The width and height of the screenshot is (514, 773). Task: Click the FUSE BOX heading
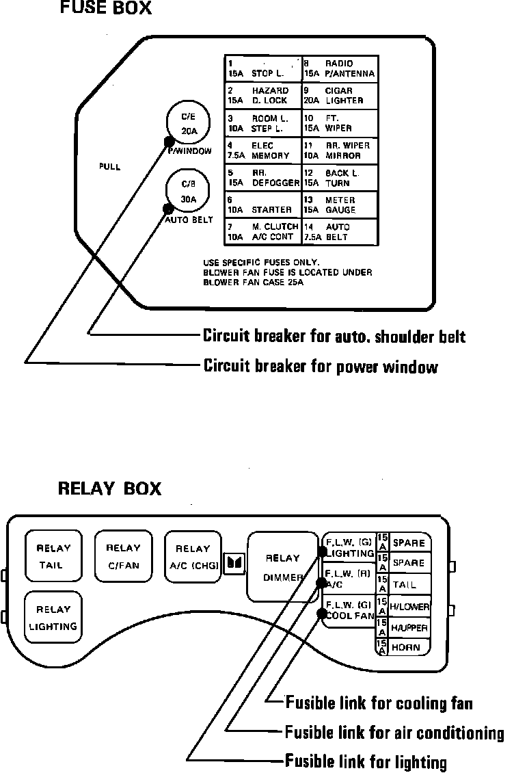(x=106, y=9)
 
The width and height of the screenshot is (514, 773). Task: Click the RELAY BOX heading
(x=109, y=488)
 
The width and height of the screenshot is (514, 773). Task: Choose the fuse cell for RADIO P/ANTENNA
(x=340, y=68)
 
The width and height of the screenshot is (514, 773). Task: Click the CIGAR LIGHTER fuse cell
(x=340, y=95)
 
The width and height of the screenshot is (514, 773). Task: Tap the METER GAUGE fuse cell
(x=340, y=205)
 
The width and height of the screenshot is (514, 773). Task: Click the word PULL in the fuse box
(x=109, y=166)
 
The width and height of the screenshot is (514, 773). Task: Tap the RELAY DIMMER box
(x=283, y=567)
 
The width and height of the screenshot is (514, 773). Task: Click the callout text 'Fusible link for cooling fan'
(x=379, y=703)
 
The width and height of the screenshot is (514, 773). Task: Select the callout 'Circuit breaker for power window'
(x=321, y=367)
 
